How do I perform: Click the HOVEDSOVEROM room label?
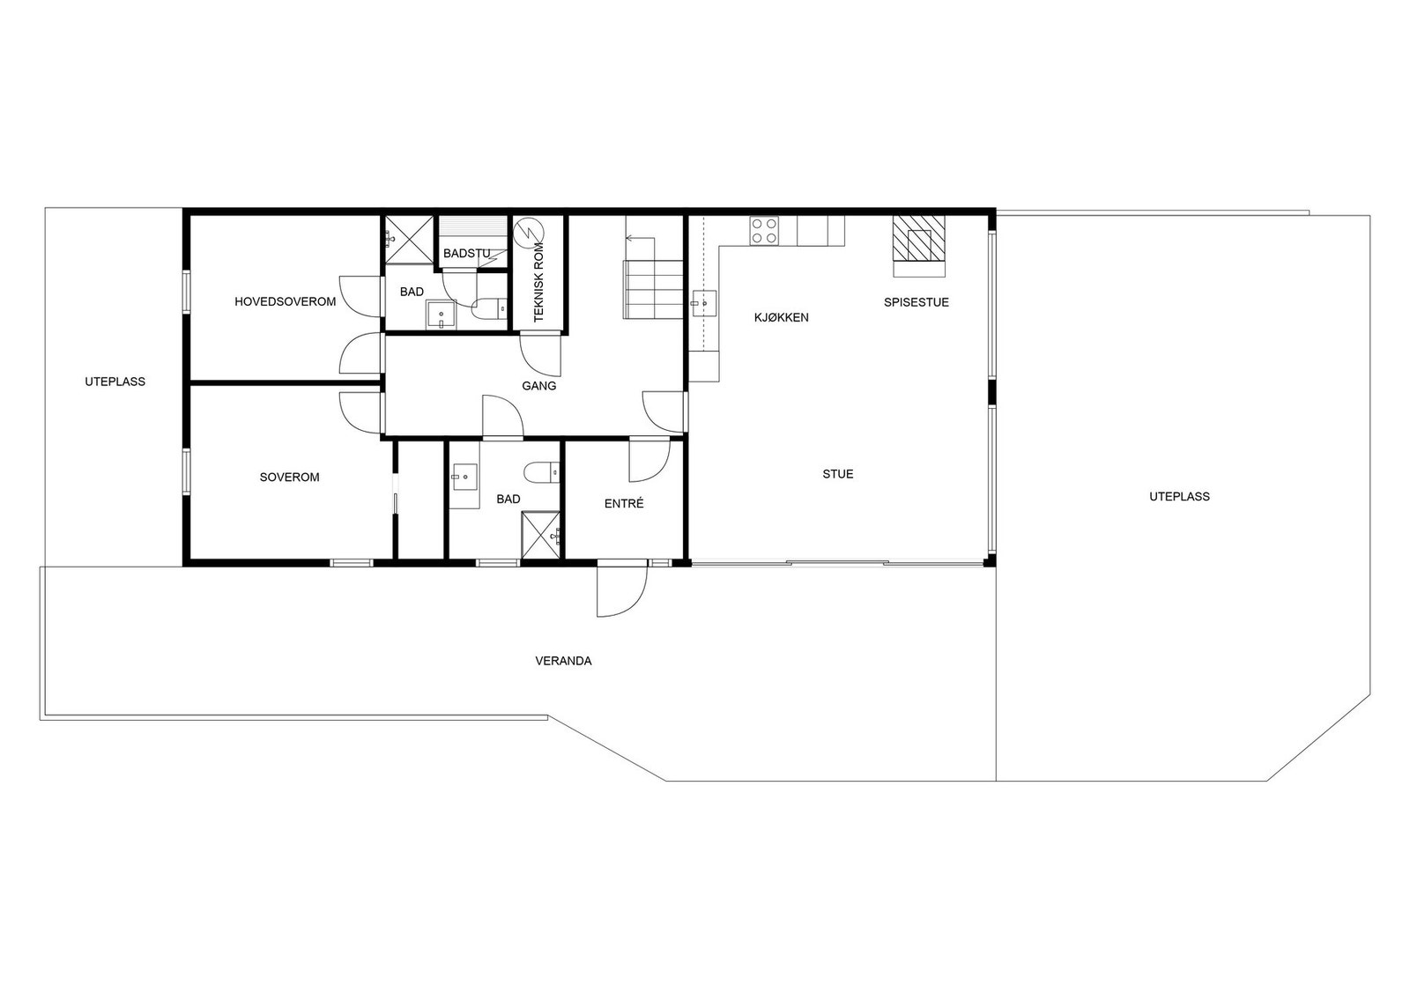(x=286, y=301)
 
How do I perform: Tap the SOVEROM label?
(x=290, y=477)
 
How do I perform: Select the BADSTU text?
(x=466, y=254)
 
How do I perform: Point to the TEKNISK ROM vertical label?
(x=538, y=281)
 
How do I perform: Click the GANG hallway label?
(x=538, y=386)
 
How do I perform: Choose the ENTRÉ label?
(x=624, y=503)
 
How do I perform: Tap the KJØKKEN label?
(x=781, y=318)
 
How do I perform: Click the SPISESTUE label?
(x=916, y=302)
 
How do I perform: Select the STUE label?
(x=838, y=474)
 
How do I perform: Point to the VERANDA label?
(x=563, y=661)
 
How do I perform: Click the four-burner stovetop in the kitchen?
(x=764, y=230)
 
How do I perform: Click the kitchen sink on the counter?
(x=704, y=302)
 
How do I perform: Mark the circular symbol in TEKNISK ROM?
(x=528, y=232)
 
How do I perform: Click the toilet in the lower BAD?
(x=542, y=471)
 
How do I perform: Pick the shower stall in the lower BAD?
(x=541, y=535)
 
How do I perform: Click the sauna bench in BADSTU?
(x=473, y=226)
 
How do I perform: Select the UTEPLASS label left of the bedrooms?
(x=115, y=382)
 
